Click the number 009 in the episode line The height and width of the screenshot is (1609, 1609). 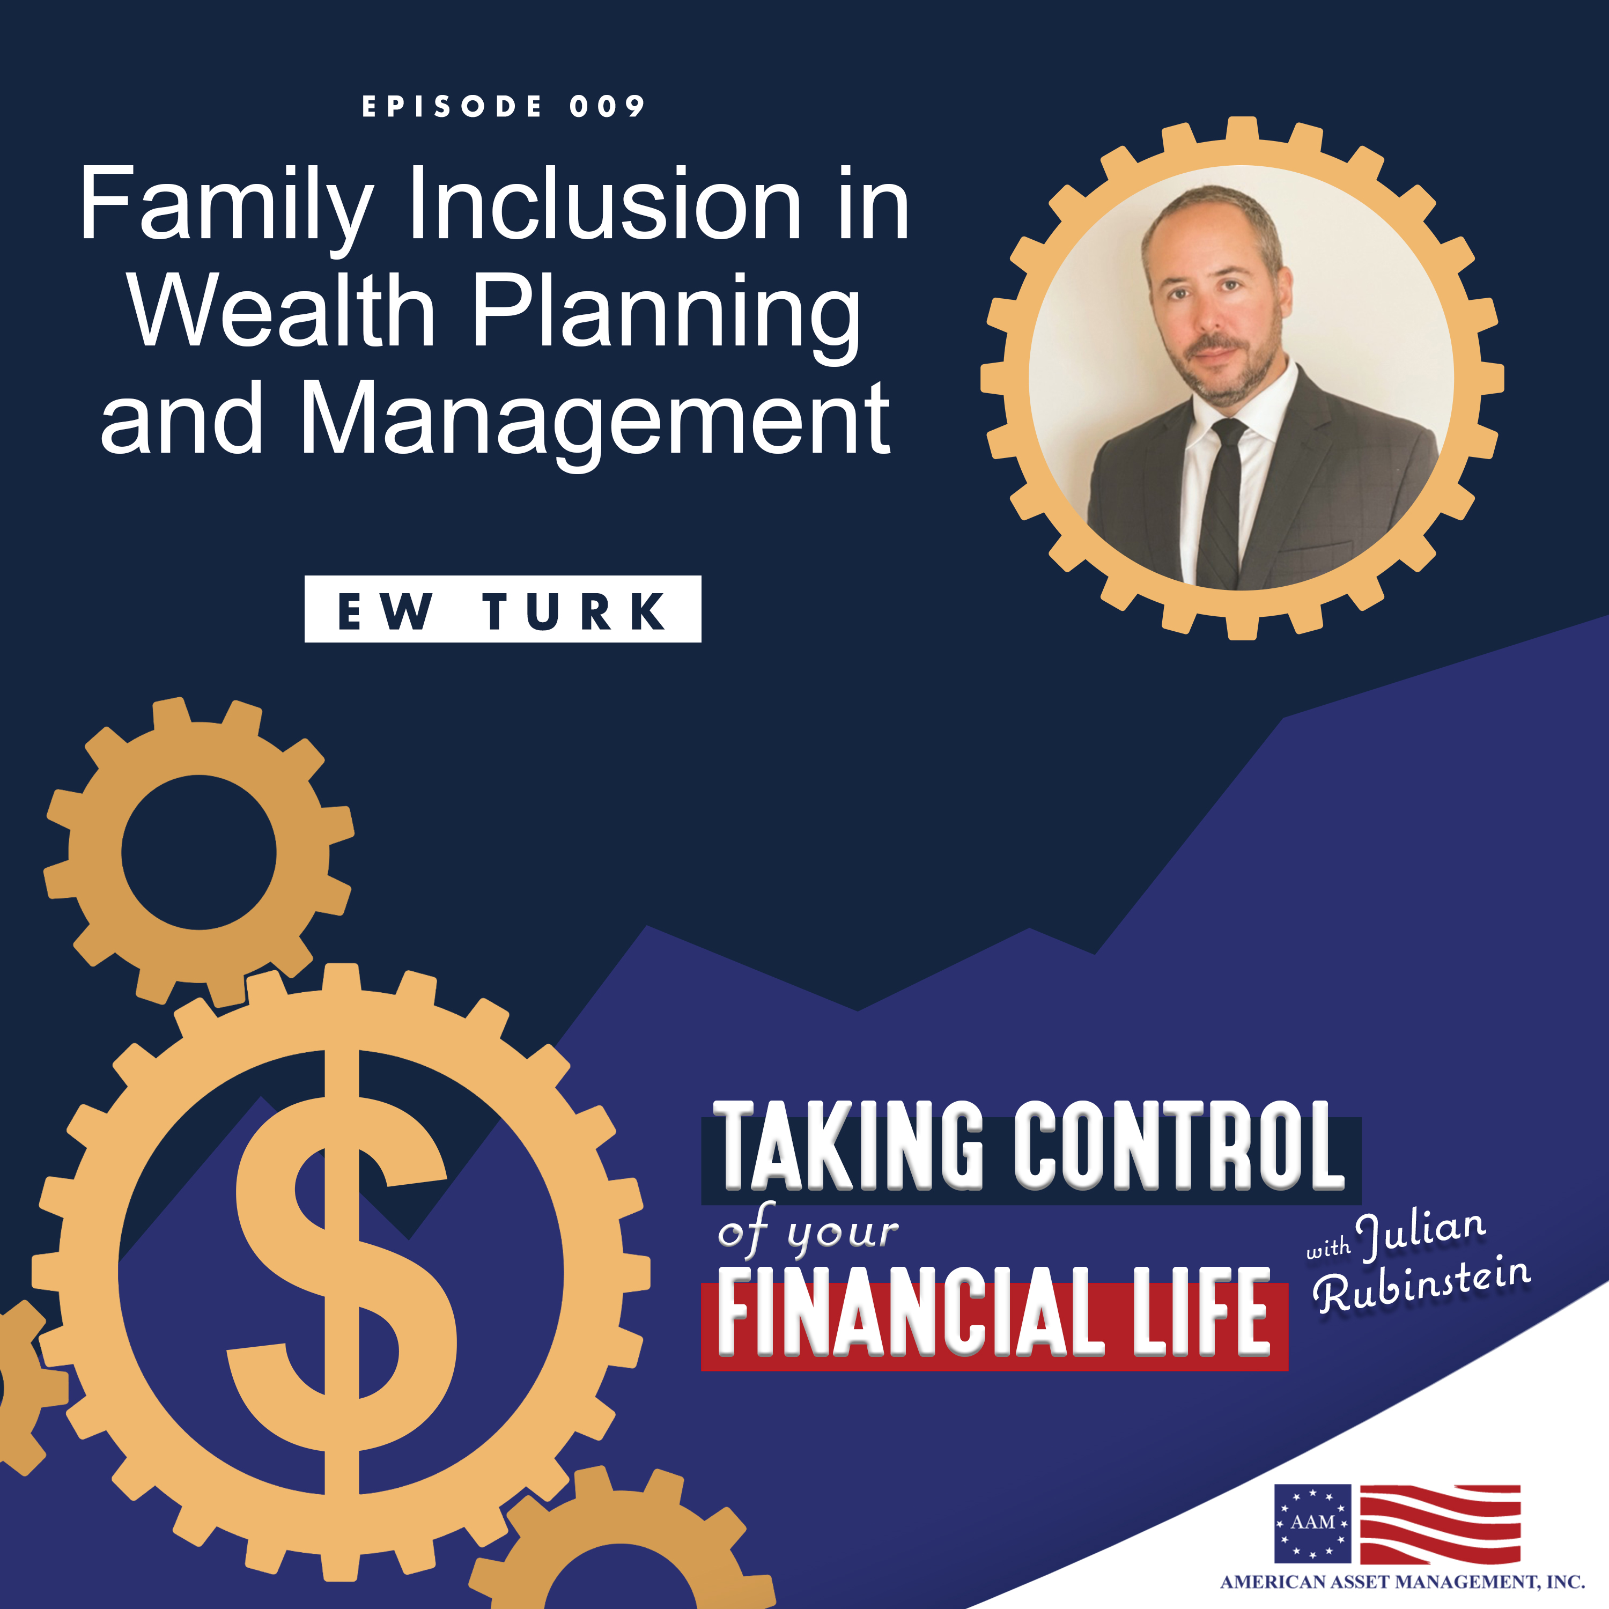pyautogui.click(x=607, y=107)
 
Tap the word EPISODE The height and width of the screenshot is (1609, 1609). pyautogui.click(x=452, y=107)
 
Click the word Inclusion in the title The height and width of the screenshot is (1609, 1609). pyautogui.click(x=604, y=204)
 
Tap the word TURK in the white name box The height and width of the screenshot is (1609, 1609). pyautogui.click(x=574, y=612)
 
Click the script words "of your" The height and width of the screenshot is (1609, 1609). pyautogui.click(x=808, y=1234)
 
